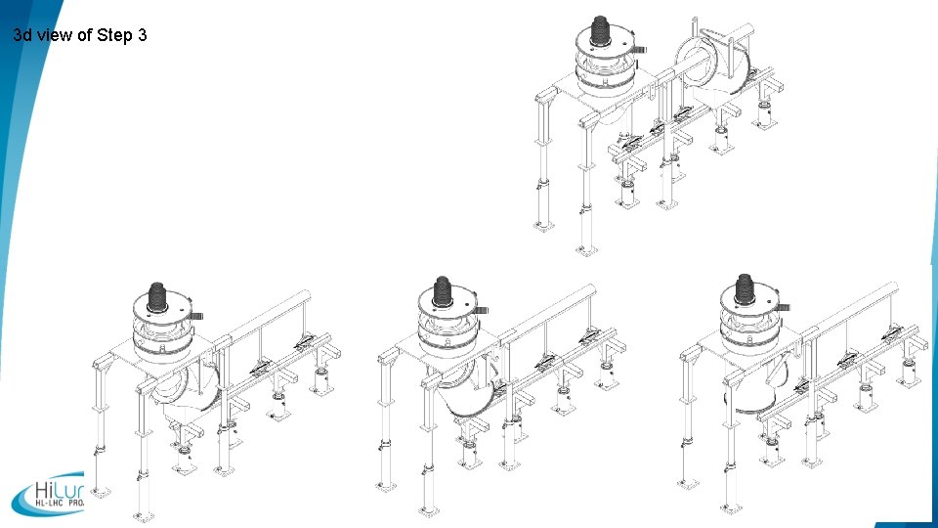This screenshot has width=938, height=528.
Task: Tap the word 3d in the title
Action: (x=24, y=36)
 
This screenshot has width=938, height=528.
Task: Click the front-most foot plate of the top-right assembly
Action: (x=586, y=250)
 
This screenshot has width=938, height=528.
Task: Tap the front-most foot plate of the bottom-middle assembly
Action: (x=428, y=509)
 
